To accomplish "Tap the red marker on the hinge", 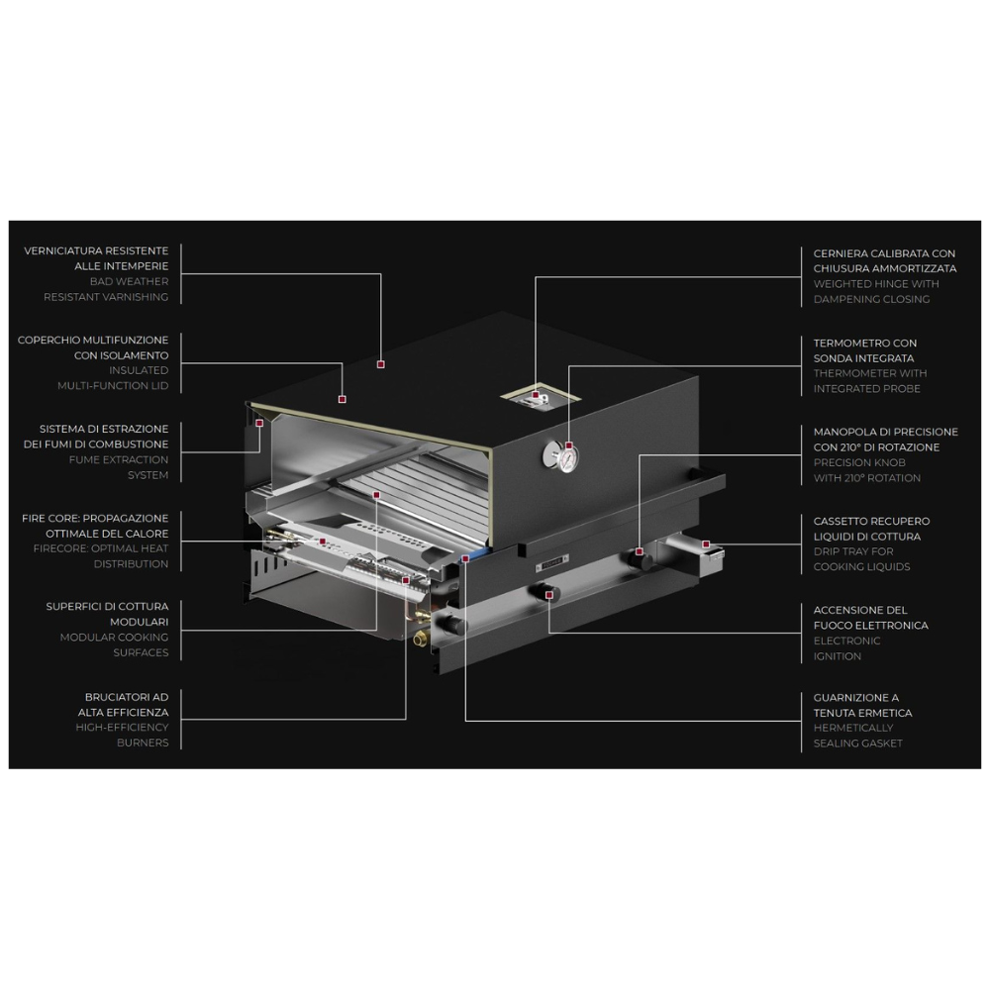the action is pos(536,395).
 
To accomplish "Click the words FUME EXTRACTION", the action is pos(119,459).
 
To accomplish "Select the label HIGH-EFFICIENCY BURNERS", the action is pos(122,735).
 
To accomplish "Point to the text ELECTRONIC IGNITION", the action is pos(846,648).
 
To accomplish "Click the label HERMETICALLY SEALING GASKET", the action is pos(857,736).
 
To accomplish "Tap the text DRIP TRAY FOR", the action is pos(853,551).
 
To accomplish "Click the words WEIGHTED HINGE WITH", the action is pos(876,284).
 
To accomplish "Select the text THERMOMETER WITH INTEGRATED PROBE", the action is pos(869,381).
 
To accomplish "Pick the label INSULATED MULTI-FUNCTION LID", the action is pos(113,378).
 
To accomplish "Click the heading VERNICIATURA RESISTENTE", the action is pos(96,250).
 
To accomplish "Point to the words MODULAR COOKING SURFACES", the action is pos(114,644).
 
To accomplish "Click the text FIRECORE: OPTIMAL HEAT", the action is pos(101,548).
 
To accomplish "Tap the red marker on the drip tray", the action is pos(706,544).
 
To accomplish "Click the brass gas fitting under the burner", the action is pos(419,640).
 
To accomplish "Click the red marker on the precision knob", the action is pos(640,551).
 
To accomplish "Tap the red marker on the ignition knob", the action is pos(549,595).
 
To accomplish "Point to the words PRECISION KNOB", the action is pos(859,462).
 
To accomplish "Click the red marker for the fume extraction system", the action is pos(259,423).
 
